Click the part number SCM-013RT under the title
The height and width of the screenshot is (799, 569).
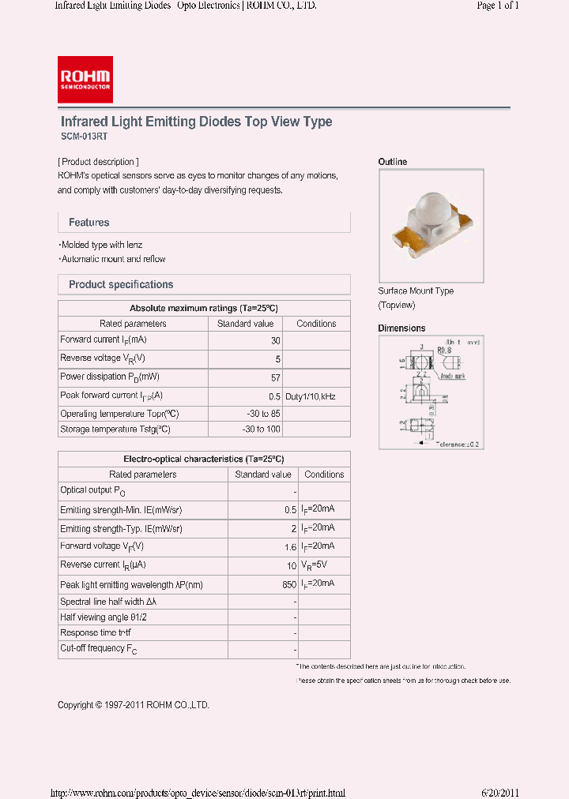[78, 137]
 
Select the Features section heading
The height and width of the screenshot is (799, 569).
[89, 223]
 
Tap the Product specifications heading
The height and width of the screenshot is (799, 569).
[121, 284]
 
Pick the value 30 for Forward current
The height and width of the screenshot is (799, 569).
[275, 340]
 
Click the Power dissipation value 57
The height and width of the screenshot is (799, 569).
[275, 377]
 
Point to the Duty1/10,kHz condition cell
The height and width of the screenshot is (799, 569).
[311, 396]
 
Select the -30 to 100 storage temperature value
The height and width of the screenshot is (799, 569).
[261, 430]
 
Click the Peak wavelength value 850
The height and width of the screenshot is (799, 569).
[288, 584]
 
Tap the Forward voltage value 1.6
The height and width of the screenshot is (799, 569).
[290, 546]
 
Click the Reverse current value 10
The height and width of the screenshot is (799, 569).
[291, 565]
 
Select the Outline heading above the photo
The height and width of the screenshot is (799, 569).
[393, 162]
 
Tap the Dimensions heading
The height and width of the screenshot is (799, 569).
[401, 328]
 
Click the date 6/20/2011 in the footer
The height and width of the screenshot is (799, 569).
[499, 793]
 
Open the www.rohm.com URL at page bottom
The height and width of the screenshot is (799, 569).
[198, 793]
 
